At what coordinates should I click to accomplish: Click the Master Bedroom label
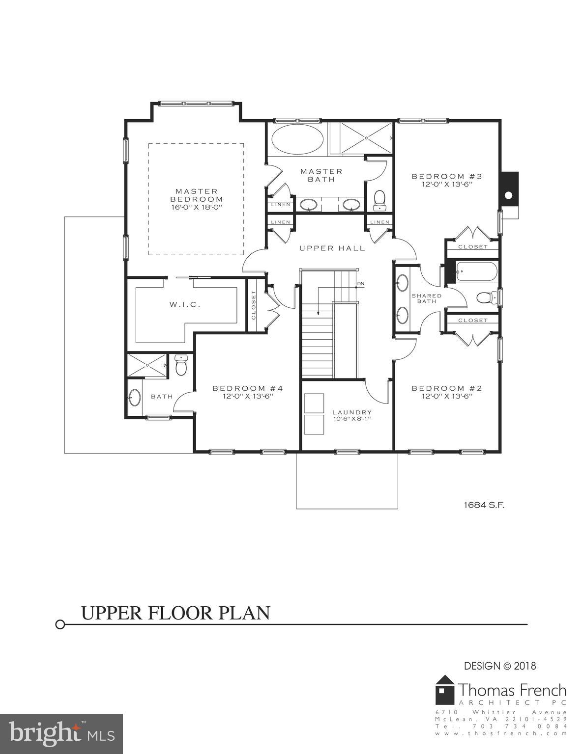pos(196,199)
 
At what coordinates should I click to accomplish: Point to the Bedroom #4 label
pos(247,392)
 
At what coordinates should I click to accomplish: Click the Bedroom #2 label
pos(446,392)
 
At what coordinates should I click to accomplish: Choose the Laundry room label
pos(351,415)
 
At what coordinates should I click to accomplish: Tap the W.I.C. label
pos(185,304)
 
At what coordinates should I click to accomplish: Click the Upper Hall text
pos(332,248)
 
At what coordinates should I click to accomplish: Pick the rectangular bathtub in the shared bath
pos(476,271)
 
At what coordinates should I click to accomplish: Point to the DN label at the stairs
pos(361,284)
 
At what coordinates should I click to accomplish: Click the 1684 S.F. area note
pos(484,504)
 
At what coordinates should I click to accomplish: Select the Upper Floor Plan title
pos(175,613)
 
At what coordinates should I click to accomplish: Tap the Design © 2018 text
pos(500,666)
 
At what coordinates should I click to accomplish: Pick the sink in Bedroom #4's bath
pos(134,398)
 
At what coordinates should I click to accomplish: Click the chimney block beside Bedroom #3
pos(509,188)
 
